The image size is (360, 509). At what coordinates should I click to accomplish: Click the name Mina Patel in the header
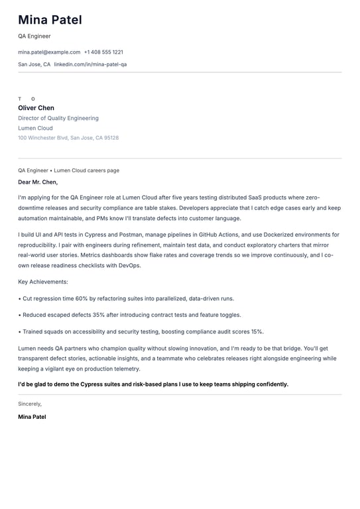(50, 21)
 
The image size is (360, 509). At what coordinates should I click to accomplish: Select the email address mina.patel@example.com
(49, 52)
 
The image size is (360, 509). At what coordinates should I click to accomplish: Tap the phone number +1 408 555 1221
(103, 52)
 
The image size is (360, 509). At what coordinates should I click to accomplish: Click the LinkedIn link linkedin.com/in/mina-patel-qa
(90, 65)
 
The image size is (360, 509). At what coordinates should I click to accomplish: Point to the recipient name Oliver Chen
(36, 108)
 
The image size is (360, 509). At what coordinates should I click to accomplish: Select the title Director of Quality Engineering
(58, 119)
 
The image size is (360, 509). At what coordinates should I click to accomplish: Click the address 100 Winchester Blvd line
(68, 138)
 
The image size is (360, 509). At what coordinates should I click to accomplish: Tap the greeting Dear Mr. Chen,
(38, 182)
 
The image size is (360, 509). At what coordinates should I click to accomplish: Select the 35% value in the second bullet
(98, 315)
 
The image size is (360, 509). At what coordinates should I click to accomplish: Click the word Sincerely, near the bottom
(30, 404)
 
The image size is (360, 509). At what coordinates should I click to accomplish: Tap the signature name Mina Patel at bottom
(32, 417)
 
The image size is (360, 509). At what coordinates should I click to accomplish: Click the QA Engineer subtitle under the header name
(34, 36)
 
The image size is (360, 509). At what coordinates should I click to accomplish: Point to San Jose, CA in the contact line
(34, 65)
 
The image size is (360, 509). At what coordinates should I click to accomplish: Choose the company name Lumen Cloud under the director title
(35, 129)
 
